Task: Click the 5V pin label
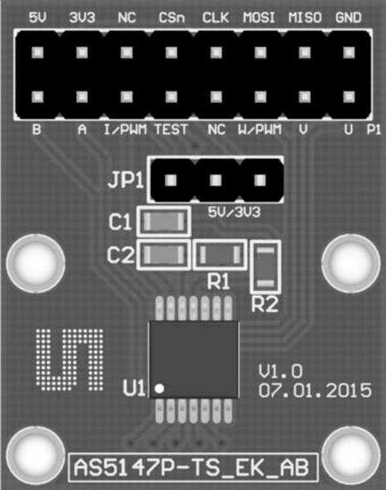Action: coord(37,17)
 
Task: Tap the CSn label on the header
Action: coord(172,18)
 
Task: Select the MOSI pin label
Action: coord(259,17)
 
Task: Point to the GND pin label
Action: coord(349,17)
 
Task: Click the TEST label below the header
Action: coord(171,129)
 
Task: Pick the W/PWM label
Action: coord(259,129)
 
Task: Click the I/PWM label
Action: coord(125,129)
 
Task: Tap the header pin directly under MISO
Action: coord(304,53)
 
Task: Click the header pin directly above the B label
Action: coord(37,96)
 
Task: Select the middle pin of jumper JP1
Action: coord(216,180)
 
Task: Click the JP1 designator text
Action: coord(126,180)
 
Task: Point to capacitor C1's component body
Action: coord(164,222)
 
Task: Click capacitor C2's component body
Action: coord(164,255)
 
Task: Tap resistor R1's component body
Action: coord(220,255)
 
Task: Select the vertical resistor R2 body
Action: coord(266,267)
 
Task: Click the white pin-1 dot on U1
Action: coord(160,389)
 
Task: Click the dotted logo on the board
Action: coord(69,360)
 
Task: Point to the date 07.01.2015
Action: coord(315,390)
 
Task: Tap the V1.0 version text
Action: coord(280,372)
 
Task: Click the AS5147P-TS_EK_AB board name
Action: coord(192,468)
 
